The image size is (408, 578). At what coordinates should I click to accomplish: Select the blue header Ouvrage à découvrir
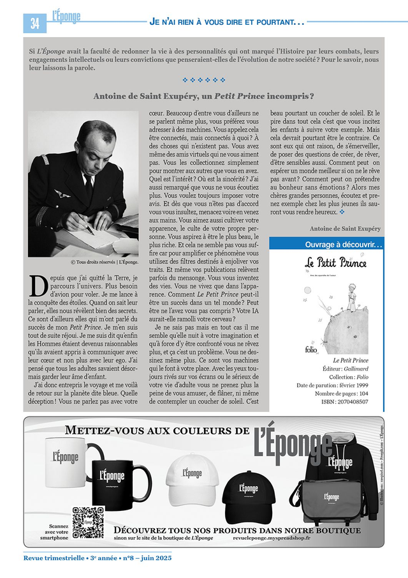(334, 245)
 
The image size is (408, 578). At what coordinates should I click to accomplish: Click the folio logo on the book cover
(308, 349)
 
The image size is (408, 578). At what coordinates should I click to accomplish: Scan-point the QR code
(88, 521)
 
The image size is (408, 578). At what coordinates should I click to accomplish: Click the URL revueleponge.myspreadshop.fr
(272, 538)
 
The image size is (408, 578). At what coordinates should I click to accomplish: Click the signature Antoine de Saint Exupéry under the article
(345, 228)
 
